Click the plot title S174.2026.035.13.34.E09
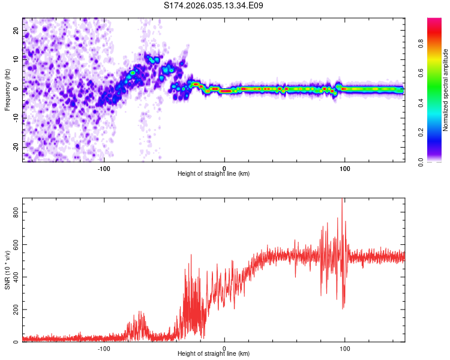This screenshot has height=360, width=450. click(x=214, y=6)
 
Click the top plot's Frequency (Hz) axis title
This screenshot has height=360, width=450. click(x=7, y=89)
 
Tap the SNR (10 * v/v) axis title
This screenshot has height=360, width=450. click(x=7, y=269)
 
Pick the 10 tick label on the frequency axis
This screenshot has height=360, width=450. click(x=16, y=59)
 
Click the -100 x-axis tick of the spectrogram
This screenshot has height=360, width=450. click(x=104, y=168)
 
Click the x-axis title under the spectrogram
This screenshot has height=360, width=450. click(x=214, y=174)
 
